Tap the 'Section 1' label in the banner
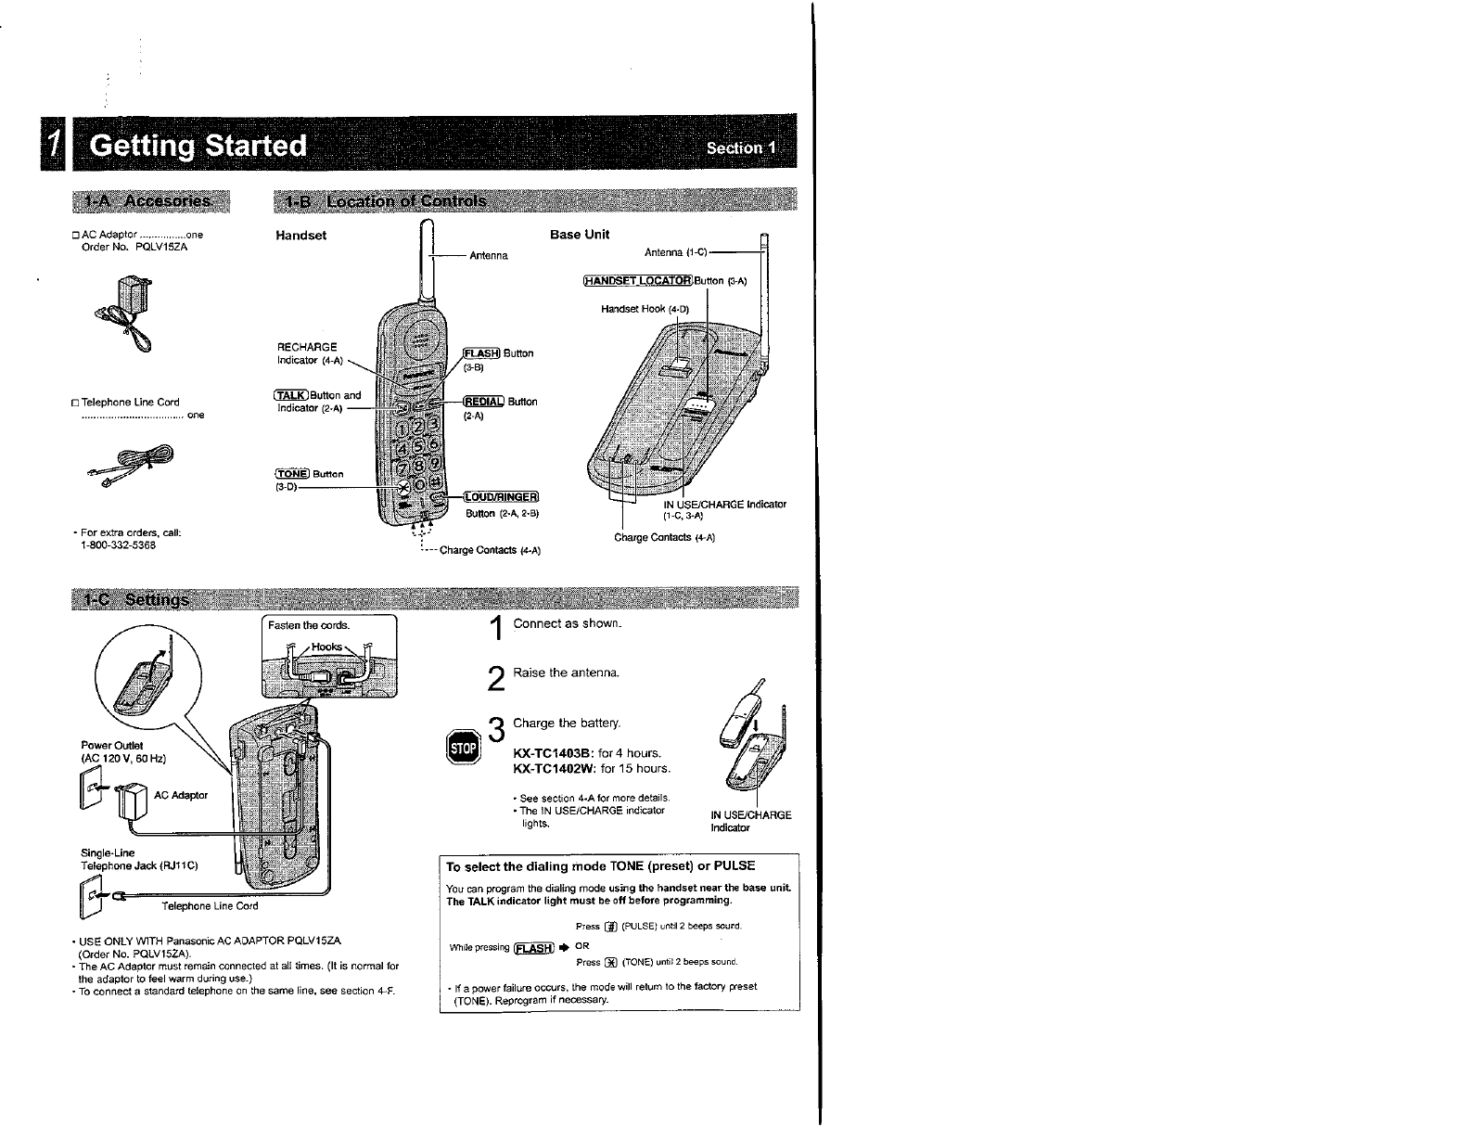(743, 148)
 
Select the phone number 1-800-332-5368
(119, 545)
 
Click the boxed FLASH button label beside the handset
(481, 353)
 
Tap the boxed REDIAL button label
(483, 402)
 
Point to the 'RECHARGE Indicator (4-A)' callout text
(310, 353)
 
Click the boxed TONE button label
(292, 474)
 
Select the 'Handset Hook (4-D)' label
(645, 309)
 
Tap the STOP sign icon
(463, 748)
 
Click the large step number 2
(497, 680)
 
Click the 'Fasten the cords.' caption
(296, 625)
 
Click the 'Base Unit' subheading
(580, 235)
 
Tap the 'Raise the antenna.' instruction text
(566, 672)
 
